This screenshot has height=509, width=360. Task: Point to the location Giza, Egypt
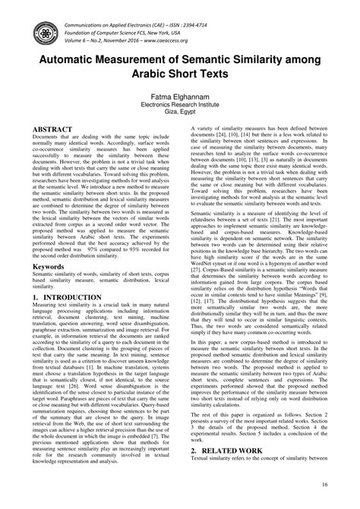(180, 111)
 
